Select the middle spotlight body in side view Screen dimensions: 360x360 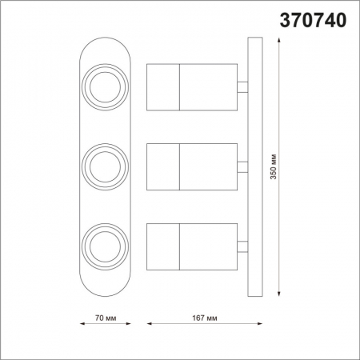[x=192, y=165]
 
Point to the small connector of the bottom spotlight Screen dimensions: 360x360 [x=242, y=245]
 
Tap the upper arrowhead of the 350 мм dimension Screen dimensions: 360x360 [x=279, y=42]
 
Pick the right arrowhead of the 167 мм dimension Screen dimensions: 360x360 [x=261, y=325]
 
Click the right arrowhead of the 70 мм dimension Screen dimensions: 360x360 [x=126, y=325]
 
